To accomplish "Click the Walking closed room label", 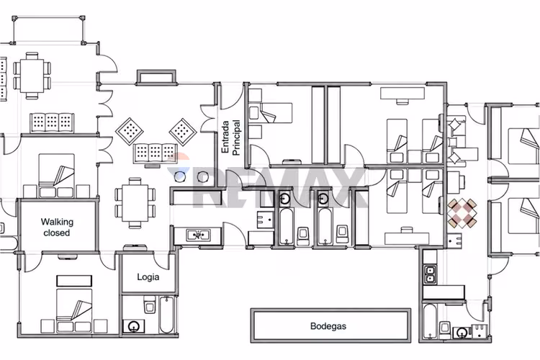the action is (57, 227).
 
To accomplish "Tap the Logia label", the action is (148, 277).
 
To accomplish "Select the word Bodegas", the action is (328, 326).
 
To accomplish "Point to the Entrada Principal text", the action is (230, 138).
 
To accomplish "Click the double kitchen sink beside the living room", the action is (198, 235).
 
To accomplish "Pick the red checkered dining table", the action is (462, 213).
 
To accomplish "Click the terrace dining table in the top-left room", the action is (32, 76).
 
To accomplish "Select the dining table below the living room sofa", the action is (135, 203).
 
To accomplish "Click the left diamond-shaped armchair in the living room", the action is (129, 131).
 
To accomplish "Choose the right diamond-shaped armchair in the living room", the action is (183, 131).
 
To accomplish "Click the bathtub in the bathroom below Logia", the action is (167, 315).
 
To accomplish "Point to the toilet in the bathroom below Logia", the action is (150, 304).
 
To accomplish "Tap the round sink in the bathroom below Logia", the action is (134, 326).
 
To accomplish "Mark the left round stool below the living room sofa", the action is (180, 176).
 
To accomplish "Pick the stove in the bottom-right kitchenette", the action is (429, 274).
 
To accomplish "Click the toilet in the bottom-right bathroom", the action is (445, 329).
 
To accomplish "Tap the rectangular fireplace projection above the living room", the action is (156, 77).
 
